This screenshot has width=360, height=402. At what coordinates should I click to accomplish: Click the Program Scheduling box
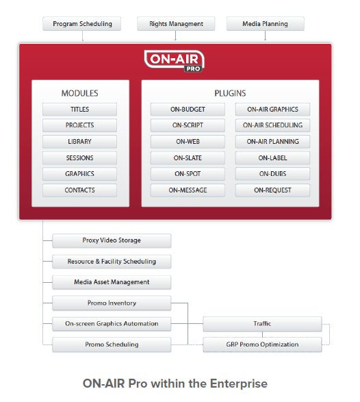pyautogui.click(x=81, y=24)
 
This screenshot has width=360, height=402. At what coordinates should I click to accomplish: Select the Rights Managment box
pyautogui.click(x=176, y=24)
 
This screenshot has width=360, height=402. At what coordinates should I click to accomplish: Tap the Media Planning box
pyautogui.click(x=266, y=24)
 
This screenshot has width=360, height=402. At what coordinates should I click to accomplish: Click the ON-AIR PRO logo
pyautogui.click(x=175, y=61)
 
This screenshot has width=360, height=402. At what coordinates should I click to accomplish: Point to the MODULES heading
pyautogui.click(x=79, y=93)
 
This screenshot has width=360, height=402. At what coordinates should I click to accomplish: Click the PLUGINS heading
pyautogui.click(x=230, y=93)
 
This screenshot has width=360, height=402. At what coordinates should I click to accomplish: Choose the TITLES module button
pyautogui.click(x=79, y=110)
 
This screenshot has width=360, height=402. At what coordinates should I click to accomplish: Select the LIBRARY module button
pyautogui.click(x=79, y=142)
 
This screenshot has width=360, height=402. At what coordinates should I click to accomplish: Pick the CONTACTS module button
pyautogui.click(x=79, y=190)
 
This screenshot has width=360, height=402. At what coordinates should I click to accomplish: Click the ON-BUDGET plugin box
pyautogui.click(x=188, y=110)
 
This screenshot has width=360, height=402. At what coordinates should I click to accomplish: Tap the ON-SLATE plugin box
pyautogui.click(x=188, y=158)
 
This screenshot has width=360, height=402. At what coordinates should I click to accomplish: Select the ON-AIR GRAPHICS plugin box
pyautogui.click(x=272, y=110)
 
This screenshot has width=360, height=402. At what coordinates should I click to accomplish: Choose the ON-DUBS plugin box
pyautogui.click(x=272, y=174)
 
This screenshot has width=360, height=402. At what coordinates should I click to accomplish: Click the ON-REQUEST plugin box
pyautogui.click(x=272, y=190)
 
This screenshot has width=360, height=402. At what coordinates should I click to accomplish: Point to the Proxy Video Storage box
pyautogui.click(x=112, y=240)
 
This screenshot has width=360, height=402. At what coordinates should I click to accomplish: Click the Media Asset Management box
pyautogui.click(x=112, y=282)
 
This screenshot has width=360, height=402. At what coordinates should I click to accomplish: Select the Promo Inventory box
pyautogui.click(x=112, y=303)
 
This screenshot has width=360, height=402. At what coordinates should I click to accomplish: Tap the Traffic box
pyautogui.click(x=262, y=324)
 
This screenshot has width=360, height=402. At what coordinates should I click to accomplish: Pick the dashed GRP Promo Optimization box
pyautogui.click(x=262, y=344)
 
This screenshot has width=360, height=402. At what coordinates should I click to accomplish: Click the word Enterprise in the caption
pyautogui.click(x=239, y=384)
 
